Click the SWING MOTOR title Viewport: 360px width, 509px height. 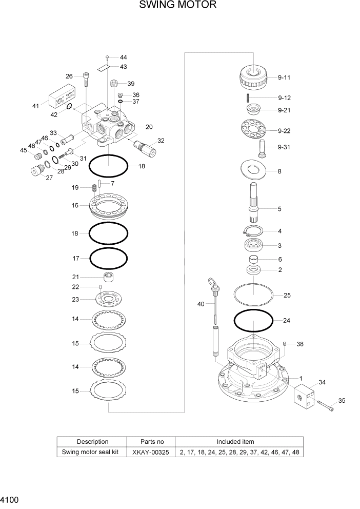pos(177,6)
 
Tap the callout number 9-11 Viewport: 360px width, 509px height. pos(284,77)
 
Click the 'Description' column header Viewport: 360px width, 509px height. pos(92,441)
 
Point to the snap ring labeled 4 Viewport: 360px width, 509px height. pos(253,231)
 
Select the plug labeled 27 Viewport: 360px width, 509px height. pos(35,173)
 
